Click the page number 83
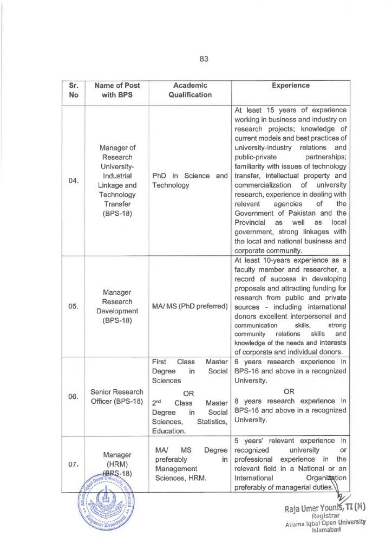click(x=204, y=59)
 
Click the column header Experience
click(x=291, y=86)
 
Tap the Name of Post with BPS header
click(x=117, y=90)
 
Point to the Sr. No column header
click(x=74, y=90)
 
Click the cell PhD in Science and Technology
click(x=190, y=181)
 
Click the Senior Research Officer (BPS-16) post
click(x=117, y=396)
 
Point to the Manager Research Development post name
click(x=117, y=306)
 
